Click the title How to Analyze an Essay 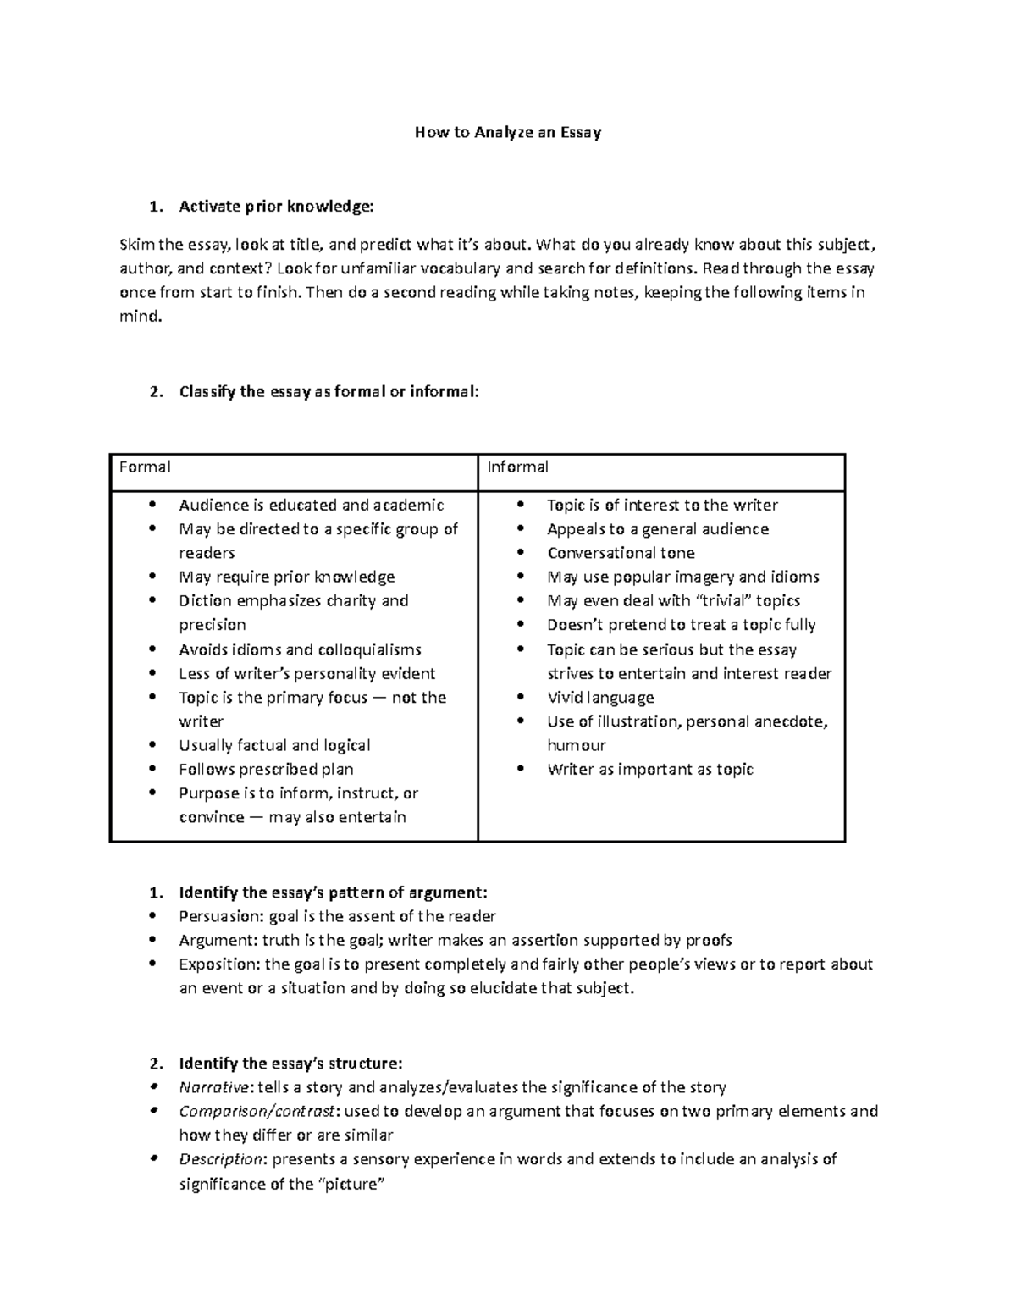coord(507,132)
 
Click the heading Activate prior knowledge coord(275,206)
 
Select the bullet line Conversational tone coord(621,553)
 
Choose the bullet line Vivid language coord(600,698)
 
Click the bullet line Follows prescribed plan coord(266,770)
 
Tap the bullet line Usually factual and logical coord(274,745)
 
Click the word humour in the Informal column coord(577,745)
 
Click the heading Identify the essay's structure coord(290,1063)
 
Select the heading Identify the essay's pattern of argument coord(333,892)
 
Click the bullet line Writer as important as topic coord(649,770)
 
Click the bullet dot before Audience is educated coord(152,505)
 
